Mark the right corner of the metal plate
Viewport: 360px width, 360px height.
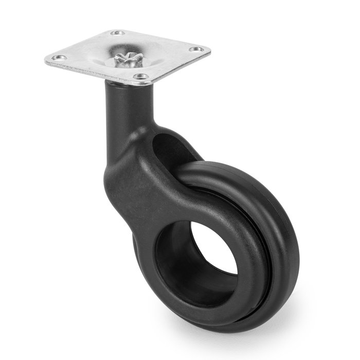coord(209,50)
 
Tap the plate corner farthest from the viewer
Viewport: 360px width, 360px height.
coord(118,30)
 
